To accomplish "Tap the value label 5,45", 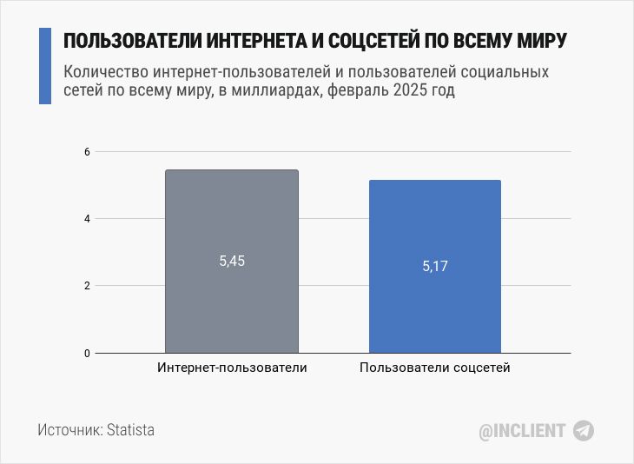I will (232, 261).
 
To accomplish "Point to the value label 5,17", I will (435, 267).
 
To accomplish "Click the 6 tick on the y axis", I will (87, 152).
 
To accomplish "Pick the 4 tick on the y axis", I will (87, 219).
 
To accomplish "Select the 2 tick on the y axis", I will (87, 286).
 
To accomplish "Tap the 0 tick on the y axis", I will (87, 353).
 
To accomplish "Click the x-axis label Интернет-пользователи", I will (232, 368).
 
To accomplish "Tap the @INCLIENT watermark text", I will (523, 430).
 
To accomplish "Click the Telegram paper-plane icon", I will (584, 430).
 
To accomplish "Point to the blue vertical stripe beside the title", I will (45, 65).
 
